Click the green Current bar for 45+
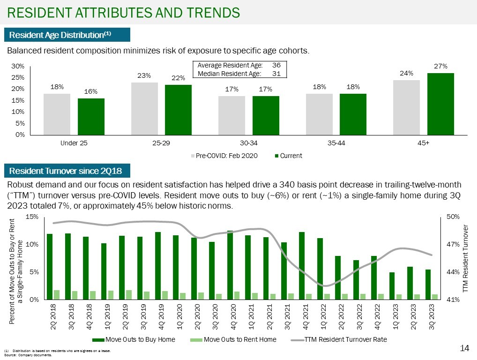coord(440,104)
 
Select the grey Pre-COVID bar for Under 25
coord(57,114)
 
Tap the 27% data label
coord(440,67)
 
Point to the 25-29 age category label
coord(161,143)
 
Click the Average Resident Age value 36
coord(276,66)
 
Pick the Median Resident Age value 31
coord(276,74)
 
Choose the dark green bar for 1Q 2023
coord(392,285)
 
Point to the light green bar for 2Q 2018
coord(57,294)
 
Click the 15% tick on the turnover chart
coord(32,217)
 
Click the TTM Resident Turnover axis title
coord(465,258)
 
